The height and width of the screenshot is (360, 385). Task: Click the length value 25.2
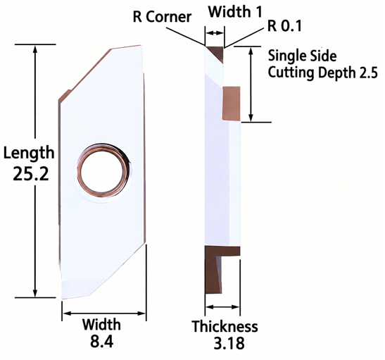(x=31, y=173)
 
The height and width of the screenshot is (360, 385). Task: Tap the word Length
(x=29, y=153)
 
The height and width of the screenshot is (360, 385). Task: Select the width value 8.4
(x=102, y=341)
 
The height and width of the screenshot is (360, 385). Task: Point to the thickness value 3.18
(x=229, y=343)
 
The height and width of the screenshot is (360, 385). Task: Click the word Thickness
(x=225, y=326)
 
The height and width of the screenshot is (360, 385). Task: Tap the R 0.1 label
(x=284, y=25)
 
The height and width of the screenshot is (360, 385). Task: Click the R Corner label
(x=162, y=17)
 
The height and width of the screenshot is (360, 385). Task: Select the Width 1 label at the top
(x=235, y=11)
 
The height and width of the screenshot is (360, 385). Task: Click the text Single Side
(x=302, y=56)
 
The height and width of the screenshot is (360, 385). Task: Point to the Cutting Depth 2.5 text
(x=322, y=73)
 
